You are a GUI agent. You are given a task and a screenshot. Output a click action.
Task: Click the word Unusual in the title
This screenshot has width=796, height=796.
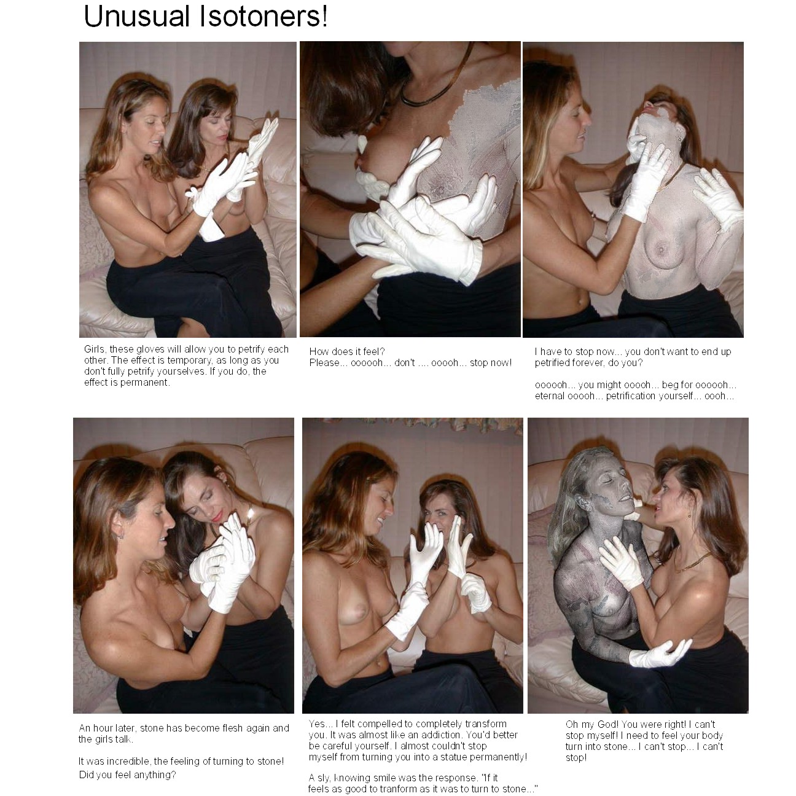[x=137, y=17]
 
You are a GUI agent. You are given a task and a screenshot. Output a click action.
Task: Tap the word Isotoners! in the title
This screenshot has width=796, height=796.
[x=263, y=17]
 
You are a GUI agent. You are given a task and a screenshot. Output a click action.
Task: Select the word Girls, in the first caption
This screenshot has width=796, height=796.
[x=95, y=349]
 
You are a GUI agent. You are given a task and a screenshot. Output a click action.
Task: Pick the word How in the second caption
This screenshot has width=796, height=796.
[x=319, y=351]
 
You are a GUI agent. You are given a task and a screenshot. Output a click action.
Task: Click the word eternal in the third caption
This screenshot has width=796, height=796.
[x=549, y=396]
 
